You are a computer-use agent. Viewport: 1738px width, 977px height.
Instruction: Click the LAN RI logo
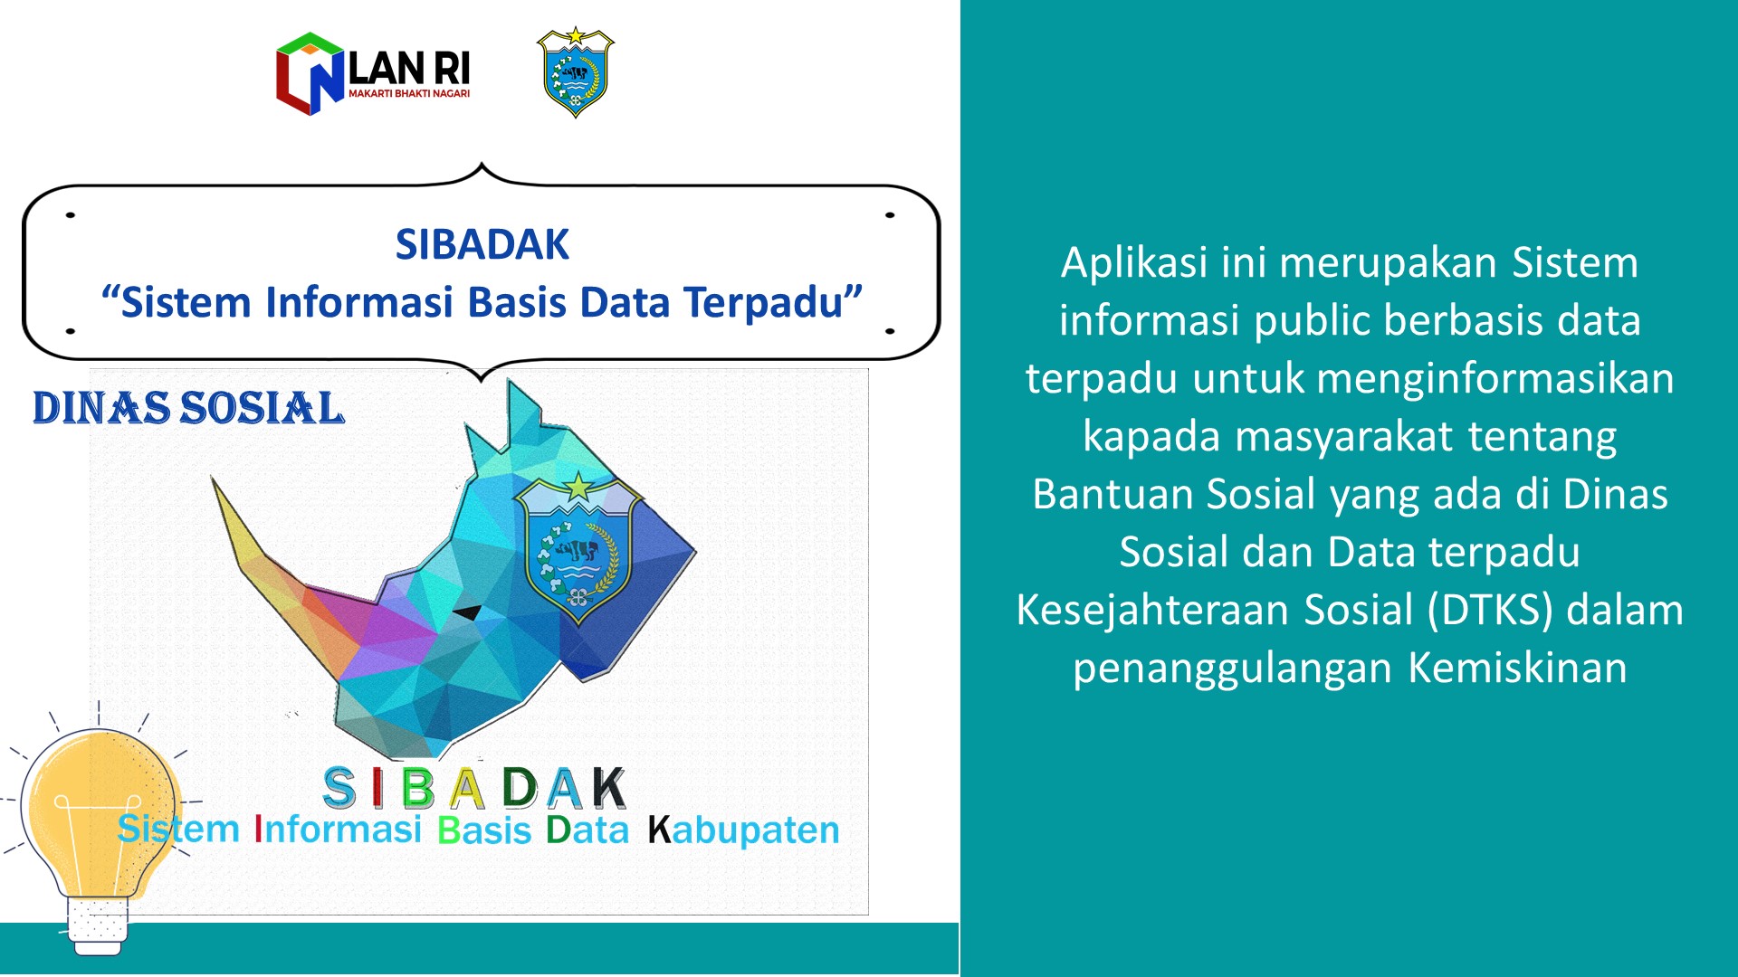(373, 73)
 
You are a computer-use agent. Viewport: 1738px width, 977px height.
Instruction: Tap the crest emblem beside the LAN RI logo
(575, 72)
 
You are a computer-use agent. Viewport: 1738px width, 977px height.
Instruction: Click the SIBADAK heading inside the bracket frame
(482, 244)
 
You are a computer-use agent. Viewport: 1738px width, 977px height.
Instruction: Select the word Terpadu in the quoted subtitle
(763, 303)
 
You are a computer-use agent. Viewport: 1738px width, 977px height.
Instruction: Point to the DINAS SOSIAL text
(188, 408)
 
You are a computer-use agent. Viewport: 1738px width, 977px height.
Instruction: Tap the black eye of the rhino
(468, 612)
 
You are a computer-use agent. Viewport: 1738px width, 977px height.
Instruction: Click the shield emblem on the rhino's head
(578, 548)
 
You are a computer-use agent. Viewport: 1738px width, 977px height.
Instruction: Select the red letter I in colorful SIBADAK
(377, 788)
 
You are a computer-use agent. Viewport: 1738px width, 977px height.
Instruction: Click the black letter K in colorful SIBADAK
(608, 787)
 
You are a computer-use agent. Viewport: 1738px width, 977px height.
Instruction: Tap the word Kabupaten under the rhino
(743, 830)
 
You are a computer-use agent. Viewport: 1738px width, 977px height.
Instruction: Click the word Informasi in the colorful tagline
(338, 829)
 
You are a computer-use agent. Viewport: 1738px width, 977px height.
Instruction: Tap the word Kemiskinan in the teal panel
(1517, 668)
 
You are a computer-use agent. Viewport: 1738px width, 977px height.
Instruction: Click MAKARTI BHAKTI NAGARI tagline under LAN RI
(409, 93)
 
